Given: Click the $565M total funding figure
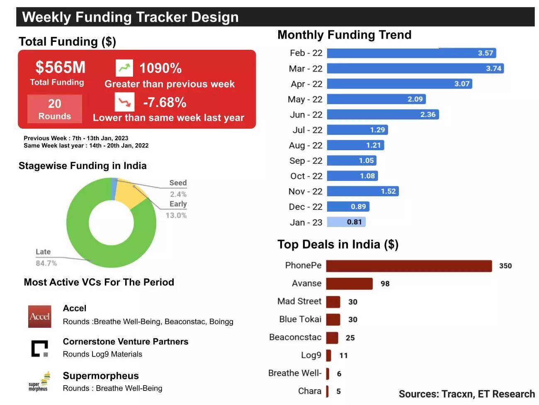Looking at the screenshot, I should pos(60,67).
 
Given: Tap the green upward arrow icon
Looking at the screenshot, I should pos(124,68).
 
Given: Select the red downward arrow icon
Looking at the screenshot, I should pos(124,102).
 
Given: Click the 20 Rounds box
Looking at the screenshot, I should pos(54,109).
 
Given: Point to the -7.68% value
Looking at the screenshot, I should pos(165,102).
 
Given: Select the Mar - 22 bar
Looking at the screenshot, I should pos(415,68).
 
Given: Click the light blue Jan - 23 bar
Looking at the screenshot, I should pos(346,222).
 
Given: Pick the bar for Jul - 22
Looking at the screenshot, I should pos(357,130).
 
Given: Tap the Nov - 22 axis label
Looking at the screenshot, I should pos(305,191).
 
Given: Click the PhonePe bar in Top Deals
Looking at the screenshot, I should pos(409,266).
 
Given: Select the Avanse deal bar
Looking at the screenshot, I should pos(349,284).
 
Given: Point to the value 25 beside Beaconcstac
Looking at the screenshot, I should pos(350,338).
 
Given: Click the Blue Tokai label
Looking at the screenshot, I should pos(300,319).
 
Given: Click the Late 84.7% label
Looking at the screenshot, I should pos(46,258).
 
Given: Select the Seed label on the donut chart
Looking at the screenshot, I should pos(178,183).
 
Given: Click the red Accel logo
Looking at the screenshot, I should pos(40,317).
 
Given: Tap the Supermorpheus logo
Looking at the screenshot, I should pos(39,382).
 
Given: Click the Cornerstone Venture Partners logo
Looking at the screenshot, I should pos(40,349).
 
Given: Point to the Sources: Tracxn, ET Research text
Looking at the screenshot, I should pos(466,394).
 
